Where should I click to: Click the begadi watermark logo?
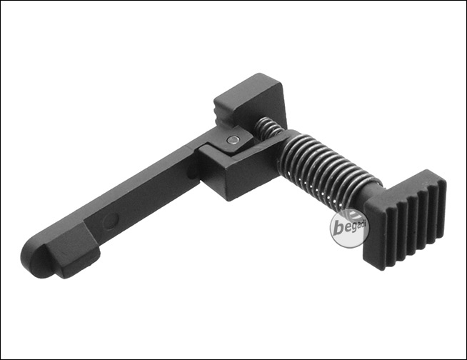click(348, 229)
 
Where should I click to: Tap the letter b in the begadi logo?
click(338, 229)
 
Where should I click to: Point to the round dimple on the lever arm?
click(111, 220)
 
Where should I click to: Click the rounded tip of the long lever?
click(32, 259)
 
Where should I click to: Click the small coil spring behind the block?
click(268, 127)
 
